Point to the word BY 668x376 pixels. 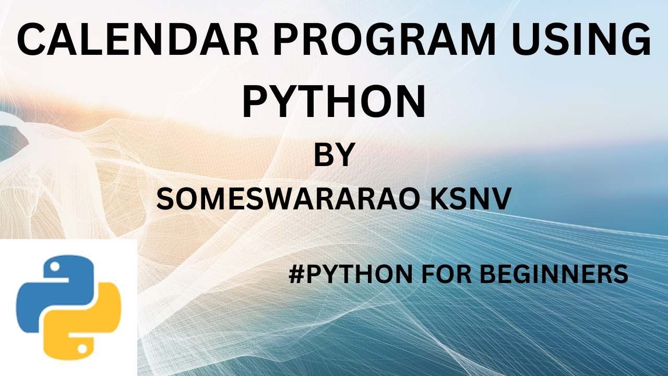[x=334, y=155]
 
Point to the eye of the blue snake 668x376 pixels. [x=54, y=267]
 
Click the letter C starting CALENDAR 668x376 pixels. [x=33, y=40]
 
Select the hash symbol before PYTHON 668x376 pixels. [x=296, y=274]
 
